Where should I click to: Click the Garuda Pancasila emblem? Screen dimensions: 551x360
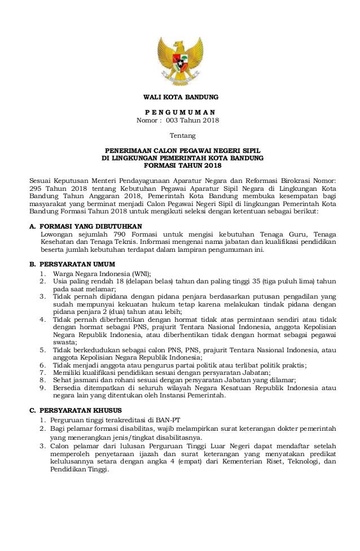[180, 54]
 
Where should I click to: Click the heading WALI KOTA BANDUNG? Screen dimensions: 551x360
[180, 98]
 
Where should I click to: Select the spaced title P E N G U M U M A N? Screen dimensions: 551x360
[180, 112]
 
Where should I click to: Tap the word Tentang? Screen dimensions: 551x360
[180, 136]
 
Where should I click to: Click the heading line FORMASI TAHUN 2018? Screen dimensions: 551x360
[180, 166]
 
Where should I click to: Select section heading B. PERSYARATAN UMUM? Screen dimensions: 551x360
[73, 264]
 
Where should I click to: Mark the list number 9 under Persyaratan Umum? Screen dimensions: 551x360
[42, 388]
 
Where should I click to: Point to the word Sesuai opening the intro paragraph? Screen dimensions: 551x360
[41, 181]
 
